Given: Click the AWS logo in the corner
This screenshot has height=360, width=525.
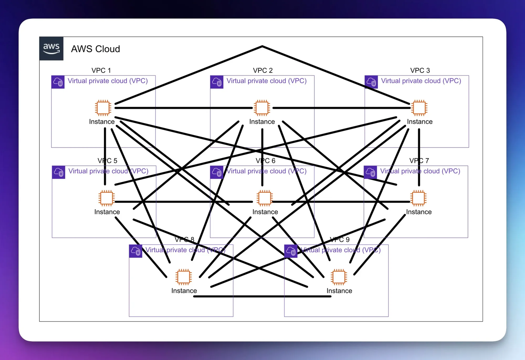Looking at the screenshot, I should pyautogui.click(x=51, y=49).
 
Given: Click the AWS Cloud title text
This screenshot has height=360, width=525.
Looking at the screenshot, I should pyautogui.click(x=95, y=49).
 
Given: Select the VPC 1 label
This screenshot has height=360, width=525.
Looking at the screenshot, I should pyautogui.click(x=101, y=70).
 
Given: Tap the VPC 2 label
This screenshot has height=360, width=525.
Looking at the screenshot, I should pyautogui.click(x=262, y=70).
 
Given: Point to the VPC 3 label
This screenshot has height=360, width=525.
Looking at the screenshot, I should pyautogui.click(x=420, y=70).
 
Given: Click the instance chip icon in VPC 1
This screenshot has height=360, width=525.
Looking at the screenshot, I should pyautogui.click(x=103, y=108).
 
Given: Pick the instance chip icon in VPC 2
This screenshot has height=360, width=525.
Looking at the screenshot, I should pyautogui.click(x=262, y=108).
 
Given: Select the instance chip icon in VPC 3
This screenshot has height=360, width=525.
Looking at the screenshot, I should pyautogui.click(x=419, y=108).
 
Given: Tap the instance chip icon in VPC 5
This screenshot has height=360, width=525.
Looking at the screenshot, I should pyautogui.click(x=106, y=198).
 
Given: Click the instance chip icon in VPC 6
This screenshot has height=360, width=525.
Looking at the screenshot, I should pyautogui.click(x=264, y=198).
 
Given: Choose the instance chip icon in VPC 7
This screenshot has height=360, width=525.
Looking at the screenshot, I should pyautogui.click(x=418, y=198).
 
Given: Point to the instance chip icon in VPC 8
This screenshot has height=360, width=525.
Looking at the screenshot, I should pyautogui.click(x=183, y=277).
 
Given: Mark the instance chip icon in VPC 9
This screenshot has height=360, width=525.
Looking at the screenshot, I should pyautogui.click(x=339, y=277).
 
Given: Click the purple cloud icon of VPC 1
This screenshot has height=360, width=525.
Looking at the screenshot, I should pyautogui.click(x=58, y=82).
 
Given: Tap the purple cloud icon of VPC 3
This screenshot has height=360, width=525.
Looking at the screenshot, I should pyautogui.click(x=371, y=82).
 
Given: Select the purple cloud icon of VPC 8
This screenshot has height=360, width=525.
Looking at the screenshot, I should pyautogui.click(x=136, y=251).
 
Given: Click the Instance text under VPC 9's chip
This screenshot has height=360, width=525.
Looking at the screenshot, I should pyautogui.click(x=339, y=291).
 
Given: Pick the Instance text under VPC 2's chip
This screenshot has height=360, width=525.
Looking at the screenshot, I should pyautogui.click(x=262, y=122).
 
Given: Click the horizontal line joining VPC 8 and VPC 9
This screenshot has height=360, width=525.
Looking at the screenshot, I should pyautogui.click(x=262, y=296).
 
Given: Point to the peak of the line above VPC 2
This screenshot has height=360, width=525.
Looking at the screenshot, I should pyautogui.click(x=262, y=47).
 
